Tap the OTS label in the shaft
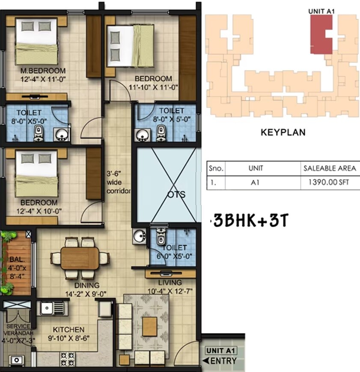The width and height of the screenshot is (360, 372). (x=177, y=195)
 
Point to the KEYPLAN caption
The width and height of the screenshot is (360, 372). (x=283, y=133)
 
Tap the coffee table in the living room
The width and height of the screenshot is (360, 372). (x=149, y=322)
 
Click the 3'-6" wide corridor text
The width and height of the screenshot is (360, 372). (x=118, y=182)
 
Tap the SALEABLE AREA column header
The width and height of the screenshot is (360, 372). (x=329, y=168)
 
